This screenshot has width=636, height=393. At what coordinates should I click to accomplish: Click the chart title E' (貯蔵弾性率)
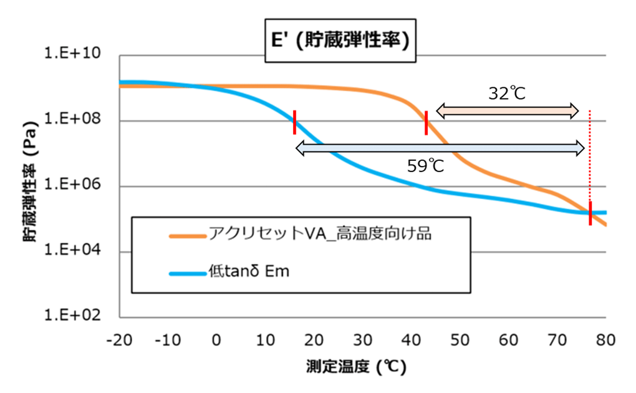click(x=340, y=41)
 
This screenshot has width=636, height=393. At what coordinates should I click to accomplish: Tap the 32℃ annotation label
click(x=507, y=94)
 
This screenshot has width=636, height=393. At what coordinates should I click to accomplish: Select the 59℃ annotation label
click(x=426, y=166)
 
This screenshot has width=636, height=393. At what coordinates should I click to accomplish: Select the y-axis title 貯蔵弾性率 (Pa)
click(x=30, y=185)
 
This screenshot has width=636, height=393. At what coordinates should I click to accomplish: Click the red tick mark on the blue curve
click(x=294, y=122)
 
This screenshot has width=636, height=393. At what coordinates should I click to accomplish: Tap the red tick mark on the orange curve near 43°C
click(x=426, y=122)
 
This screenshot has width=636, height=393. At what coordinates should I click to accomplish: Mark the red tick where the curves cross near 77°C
click(x=590, y=213)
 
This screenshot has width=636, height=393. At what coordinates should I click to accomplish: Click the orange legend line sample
click(x=187, y=236)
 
